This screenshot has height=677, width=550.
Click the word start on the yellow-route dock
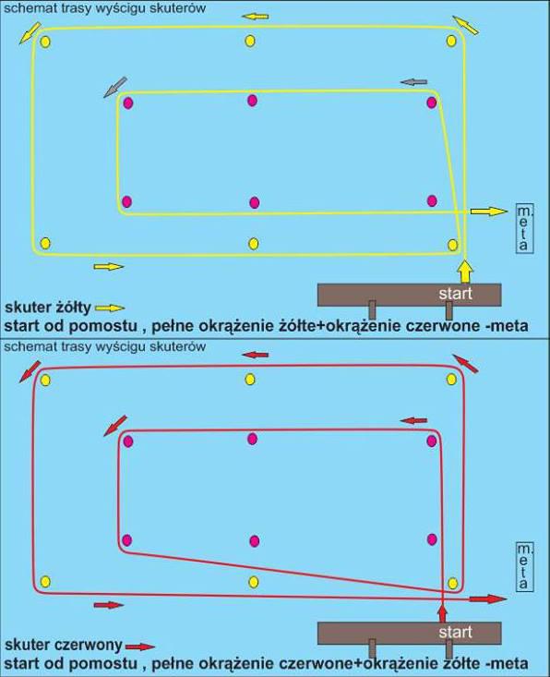point(455,294)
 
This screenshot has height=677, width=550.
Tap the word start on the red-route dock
point(455,632)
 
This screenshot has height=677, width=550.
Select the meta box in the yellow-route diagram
point(524,228)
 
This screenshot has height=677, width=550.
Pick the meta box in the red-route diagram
point(524,567)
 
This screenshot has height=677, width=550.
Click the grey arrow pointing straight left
point(413,81)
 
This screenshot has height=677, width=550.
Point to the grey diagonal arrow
point(115,87)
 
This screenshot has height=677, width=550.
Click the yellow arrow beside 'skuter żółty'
point(110,308)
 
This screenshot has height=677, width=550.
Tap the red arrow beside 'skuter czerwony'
point(139,647)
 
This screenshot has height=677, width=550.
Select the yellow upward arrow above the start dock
point(465,271)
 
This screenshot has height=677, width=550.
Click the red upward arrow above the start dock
point(443,613)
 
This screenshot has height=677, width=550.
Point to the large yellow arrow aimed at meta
point(489,212)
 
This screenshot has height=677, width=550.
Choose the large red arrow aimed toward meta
point(487,598)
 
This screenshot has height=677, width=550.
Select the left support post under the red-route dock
point(372,648)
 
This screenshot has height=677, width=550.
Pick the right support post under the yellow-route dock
point(448,311)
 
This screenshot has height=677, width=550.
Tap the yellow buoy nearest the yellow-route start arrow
point(452,245)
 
